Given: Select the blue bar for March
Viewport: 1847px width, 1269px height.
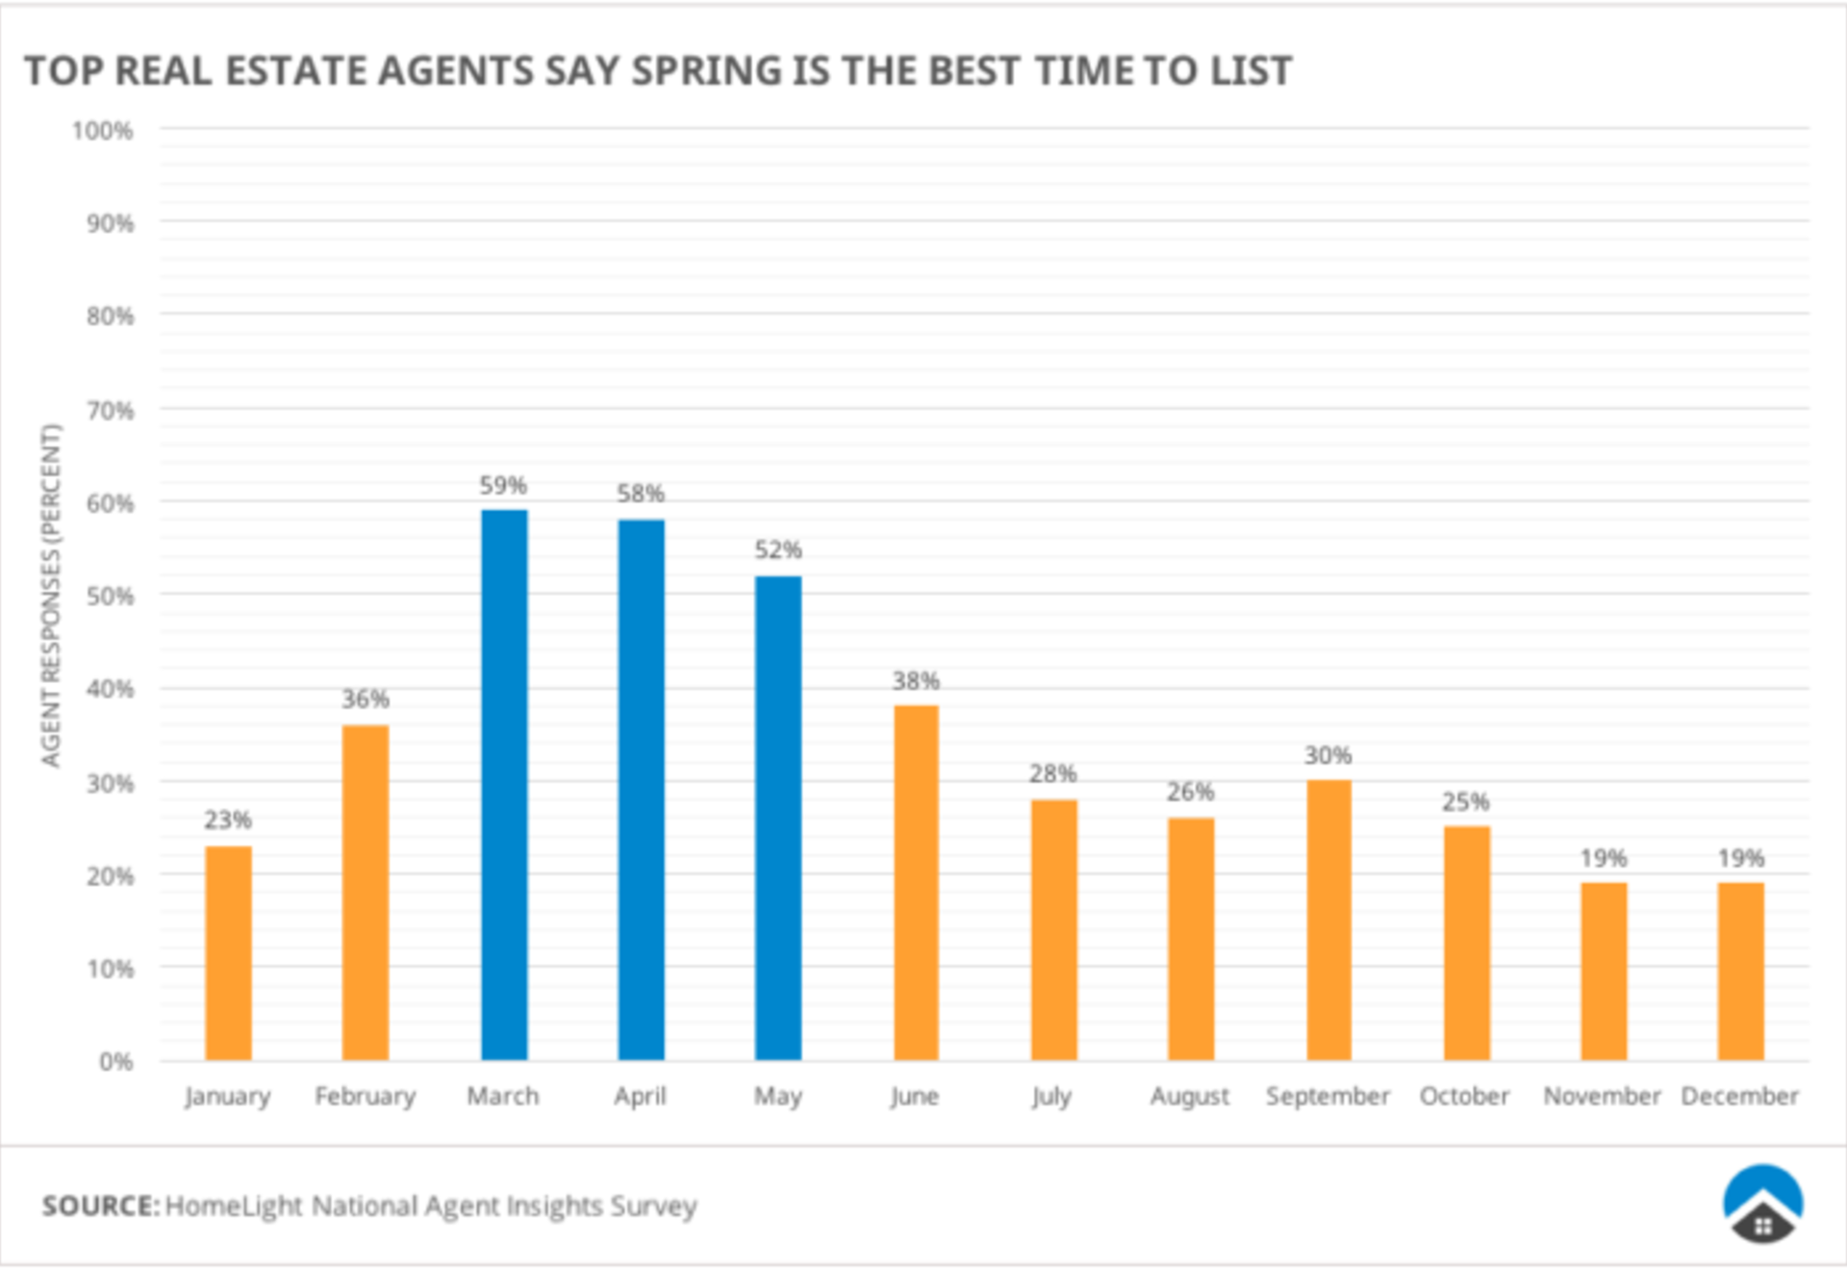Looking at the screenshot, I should [x=504, y=784].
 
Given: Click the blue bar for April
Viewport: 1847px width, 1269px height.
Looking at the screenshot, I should [x=641, y=789].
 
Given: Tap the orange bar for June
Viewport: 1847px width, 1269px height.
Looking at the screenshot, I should [x=916, y=882].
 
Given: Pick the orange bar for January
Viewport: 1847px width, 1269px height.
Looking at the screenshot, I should [x=228, y=952].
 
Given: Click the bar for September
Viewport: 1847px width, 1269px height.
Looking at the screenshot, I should [x=1328, y=920].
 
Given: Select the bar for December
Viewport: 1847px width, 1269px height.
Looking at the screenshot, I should [x=1740, y=971].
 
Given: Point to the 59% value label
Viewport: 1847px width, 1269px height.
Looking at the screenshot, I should [x=503, y=486].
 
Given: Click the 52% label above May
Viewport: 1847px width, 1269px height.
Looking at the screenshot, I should [x=777, y=550].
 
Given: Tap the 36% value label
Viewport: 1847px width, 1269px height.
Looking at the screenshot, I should [x=366, y=699].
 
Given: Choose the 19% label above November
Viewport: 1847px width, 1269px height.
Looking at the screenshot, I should [x=1603, y=858].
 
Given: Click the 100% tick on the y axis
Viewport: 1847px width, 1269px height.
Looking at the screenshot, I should [x=102, y=131].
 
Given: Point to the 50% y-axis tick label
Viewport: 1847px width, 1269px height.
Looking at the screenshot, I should [x=110, y=596].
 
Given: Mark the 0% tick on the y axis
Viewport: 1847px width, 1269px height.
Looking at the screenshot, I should [x=115, y=1062].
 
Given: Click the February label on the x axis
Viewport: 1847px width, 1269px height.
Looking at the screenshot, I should [x=366, y=1097].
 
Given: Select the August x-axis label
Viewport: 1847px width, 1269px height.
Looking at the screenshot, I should [x=1190, y=1097].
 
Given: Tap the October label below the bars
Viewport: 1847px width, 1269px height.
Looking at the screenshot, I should [x=1464, y=1097].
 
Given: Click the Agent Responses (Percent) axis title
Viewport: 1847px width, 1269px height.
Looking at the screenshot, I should [x=50, y=596].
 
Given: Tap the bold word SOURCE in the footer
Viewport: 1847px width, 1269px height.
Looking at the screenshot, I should [x=100, y=1206].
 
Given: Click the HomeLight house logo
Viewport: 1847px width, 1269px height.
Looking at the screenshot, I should [x=1762, y=1205].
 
